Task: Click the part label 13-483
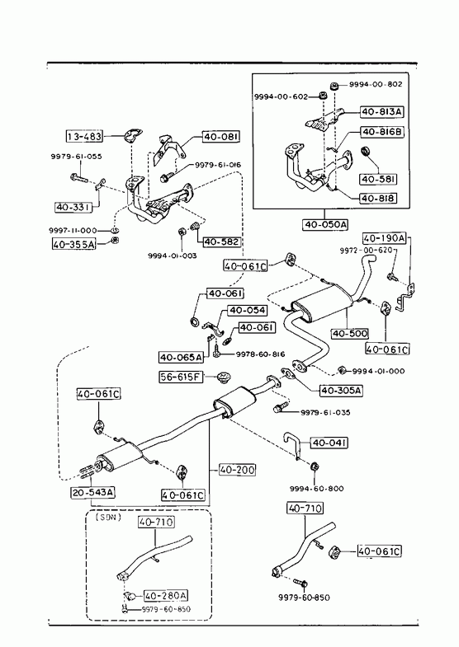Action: coord(84,136)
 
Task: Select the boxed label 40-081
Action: coord(221,137)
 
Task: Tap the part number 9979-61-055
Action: coord(77,157)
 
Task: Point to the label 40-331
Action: coord(73,207)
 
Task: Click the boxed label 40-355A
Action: coord(74,244)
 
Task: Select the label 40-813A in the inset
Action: coord(382,111)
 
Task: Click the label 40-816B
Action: coord(382,132)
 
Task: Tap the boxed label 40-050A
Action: coord(325,224)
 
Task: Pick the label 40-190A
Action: coord(384,238)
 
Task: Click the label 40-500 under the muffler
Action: coord(349,333)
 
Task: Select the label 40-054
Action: coord(247,310)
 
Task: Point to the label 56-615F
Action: coord(181,377)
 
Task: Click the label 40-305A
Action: coord(341,390)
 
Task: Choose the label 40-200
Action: coord(237,470)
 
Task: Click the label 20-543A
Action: coord(93,492)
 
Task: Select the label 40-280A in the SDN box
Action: coord(166,595)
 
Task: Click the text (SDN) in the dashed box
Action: coord(108,517)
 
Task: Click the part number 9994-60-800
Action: coord(316,489)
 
